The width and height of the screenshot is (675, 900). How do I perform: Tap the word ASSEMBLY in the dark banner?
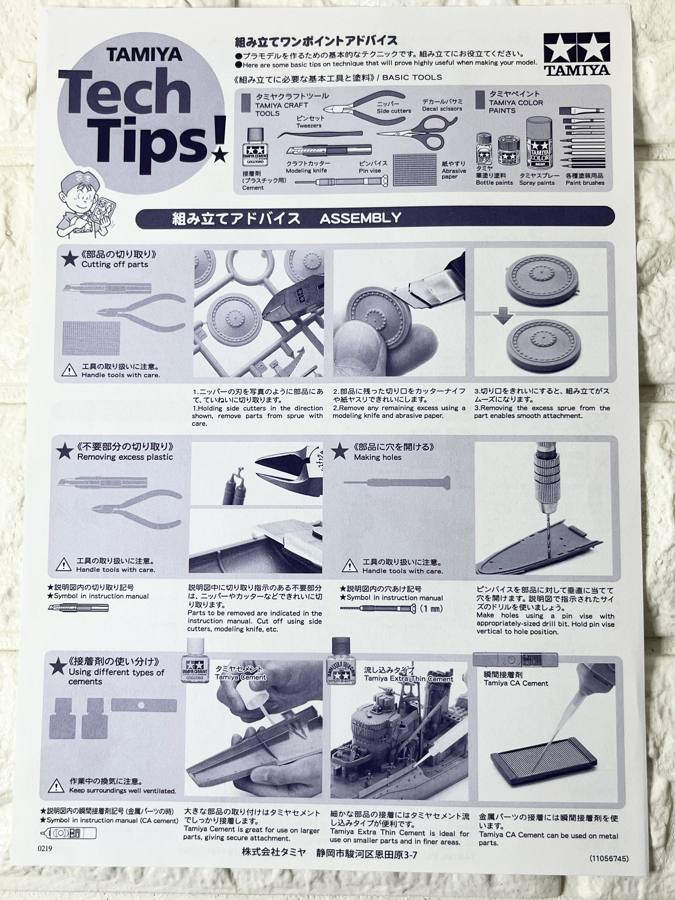[x=360, y=219]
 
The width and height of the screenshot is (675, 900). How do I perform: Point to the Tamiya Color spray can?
[x=540, y=144]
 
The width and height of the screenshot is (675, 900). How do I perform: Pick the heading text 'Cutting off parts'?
[x=115, y=265]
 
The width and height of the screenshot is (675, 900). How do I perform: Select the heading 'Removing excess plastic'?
[x=125, y=457]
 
